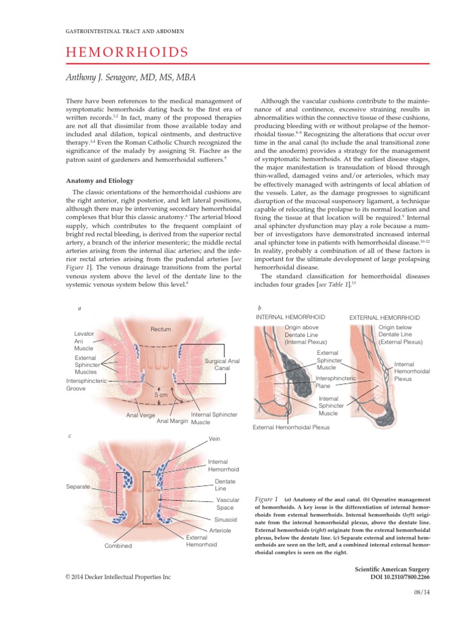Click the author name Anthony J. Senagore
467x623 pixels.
click(x=130, y=77)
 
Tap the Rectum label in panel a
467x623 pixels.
click(x=161, y=329)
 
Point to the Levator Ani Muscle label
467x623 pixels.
click(x=84, y=341)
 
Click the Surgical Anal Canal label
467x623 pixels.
click(x=222, y=364)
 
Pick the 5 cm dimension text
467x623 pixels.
click(x=161, y=394)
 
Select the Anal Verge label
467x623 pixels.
click(x=140, y=416)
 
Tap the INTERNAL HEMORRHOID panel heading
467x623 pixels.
click(x=290, y=317)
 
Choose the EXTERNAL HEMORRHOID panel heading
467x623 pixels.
click(x=384, y=318)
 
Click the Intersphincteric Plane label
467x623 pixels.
click(x=331, y=381)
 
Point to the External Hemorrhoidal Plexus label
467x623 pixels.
click(x=291, y=427)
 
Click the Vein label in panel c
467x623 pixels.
click(x=214, y=438)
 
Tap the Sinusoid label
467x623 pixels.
click(x=225, y=520)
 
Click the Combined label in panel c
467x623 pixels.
click(x=118, y=546)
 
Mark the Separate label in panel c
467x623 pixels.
click(x=78, y=487)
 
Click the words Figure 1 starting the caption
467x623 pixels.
click(x=267, y=499)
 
